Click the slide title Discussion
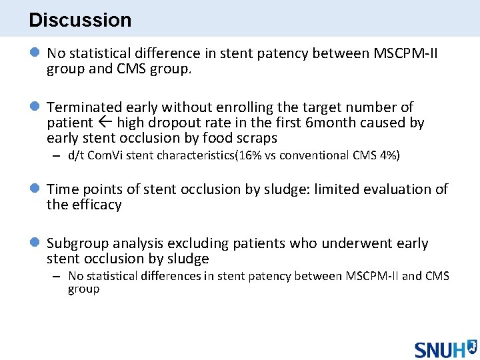pyautogui.click(x=80, y=20)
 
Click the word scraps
pyautogui.click(x=255, y=139)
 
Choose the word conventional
pyautogui.click(x=319, y=155)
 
